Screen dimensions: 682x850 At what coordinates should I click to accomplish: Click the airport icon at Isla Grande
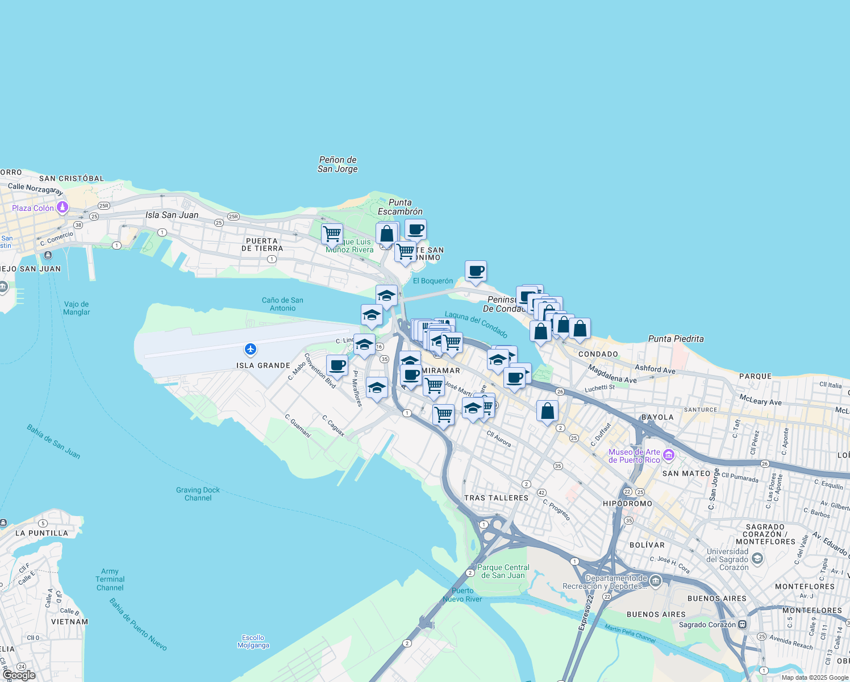click(250, 349)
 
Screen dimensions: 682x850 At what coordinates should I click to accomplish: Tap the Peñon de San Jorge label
click(338, 164)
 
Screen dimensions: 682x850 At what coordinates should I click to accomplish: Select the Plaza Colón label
click(33, 208)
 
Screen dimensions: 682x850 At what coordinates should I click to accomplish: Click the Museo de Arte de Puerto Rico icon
click(668, 455)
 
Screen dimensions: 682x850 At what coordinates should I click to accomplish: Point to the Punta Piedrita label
click(676, 339)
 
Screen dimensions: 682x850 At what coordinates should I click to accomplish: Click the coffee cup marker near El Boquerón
click(476, 271)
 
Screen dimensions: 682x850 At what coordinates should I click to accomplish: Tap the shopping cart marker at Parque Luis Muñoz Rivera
click(332, 233)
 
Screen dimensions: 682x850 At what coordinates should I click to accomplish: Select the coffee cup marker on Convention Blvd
click(337, 365)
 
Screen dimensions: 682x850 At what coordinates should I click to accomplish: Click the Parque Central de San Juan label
click(503, 571)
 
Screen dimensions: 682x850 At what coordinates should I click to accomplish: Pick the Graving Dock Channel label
click(198, 494)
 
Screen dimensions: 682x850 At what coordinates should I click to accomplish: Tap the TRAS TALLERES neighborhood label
click(496, 498)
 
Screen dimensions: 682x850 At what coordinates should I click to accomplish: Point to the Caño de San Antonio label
click(282, 304)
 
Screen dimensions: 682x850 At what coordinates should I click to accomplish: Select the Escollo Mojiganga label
click(253, 641)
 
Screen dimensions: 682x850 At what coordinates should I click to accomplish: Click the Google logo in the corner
click(19, 675)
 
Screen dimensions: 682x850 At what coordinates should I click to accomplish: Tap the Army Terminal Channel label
click(110, 580)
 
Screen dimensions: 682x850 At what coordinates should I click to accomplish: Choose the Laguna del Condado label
click(476, 325)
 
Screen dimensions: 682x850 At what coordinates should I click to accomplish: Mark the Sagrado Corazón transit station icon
click(742, 625)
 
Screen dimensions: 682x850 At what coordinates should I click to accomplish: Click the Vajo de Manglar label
click(77, 308)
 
